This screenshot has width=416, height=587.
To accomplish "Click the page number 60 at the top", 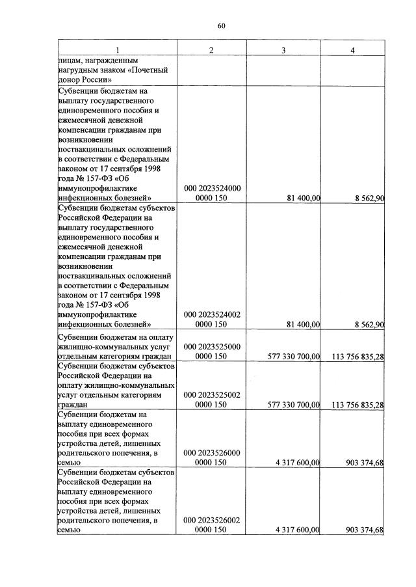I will pyautogui.click(x=221, y=26).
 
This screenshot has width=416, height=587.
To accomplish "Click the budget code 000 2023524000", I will pyautogui.click(x=212, y=188).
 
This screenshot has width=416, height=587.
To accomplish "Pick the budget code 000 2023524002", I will pyautogui.click(x=212, y=314).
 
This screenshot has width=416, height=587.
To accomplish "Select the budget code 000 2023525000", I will pyautogui.click(x=212, y=347).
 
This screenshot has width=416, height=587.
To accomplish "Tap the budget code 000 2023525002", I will pyautogui.click(x=212, y=394).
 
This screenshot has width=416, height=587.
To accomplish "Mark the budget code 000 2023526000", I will pyautogui.click(x=212, y=452).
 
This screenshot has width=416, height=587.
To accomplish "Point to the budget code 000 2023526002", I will pyautogui.click(x=212, y=521).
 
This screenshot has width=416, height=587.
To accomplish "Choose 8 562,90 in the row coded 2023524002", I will pyautogui.click(x=365, y=324).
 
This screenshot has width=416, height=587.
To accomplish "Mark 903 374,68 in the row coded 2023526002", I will pyautogui.click(x=362, y=530).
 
